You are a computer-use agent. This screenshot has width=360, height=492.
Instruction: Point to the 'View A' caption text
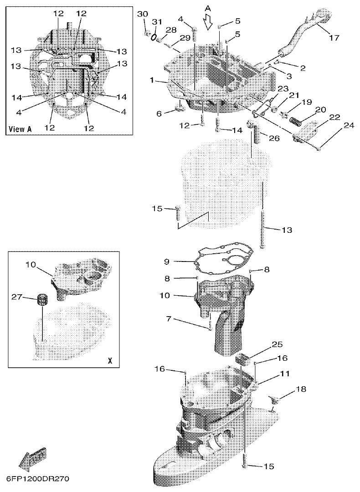point(21,129)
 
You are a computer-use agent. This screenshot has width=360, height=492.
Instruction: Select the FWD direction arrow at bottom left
point(32,458)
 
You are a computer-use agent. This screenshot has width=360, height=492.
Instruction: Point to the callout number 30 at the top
point(143,14)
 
